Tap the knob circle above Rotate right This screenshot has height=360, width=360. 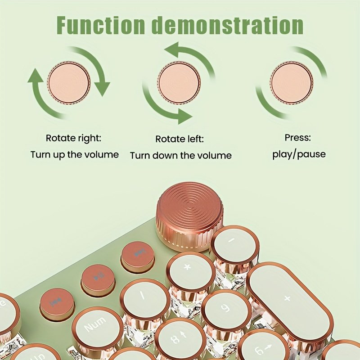point(69,83)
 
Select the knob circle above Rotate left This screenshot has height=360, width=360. point(179,82)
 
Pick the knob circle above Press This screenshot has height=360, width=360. point(291,83)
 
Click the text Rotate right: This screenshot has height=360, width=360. point(73,138)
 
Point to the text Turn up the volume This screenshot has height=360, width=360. point(75,154)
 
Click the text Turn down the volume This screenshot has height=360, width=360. point(181,156)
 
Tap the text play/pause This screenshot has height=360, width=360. point(299,154)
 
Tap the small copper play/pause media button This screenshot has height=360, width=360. point(98,278)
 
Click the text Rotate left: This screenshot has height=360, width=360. point(180,139)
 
